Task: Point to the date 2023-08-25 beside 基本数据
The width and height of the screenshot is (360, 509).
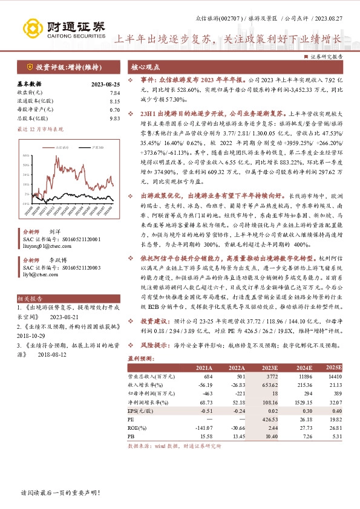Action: point(105,84)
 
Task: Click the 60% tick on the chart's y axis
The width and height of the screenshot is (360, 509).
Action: point(26,155)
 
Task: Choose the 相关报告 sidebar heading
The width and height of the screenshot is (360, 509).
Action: point(30,299)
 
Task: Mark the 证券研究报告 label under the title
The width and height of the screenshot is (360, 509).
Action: point(327,55)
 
